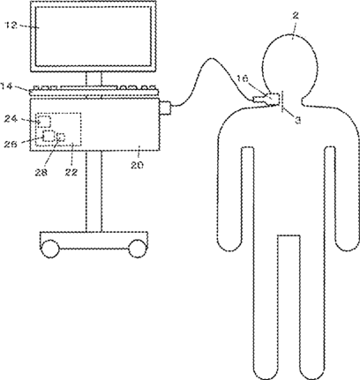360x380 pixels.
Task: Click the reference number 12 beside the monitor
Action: (x=11, y=26)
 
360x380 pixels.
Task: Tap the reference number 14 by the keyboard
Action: (x=7, y=86)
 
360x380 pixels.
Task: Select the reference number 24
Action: (x=11, y=119)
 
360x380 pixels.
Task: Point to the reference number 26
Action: (x=11, y=144)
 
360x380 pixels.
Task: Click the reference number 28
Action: (x=41, y=172)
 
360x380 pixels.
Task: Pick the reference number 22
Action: (x=71, y=172)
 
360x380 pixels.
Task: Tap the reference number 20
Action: (x=138, y=165)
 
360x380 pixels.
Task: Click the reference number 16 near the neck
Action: (x=243, y=78)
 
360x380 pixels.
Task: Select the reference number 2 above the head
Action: (x=296, y=16)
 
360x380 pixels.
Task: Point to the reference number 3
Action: (x=297, y=120)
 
